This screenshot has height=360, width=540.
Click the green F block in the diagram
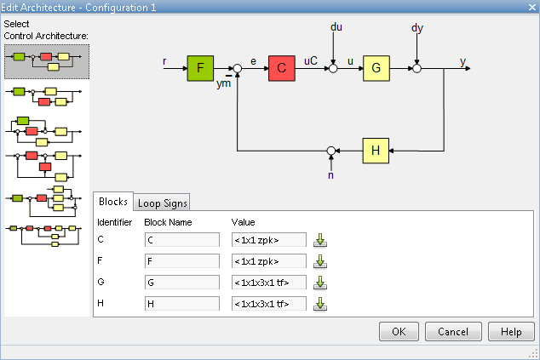[x=201, y=67]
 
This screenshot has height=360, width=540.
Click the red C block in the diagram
[x=281, y=68]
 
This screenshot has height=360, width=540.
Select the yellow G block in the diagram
[x=376, y=68]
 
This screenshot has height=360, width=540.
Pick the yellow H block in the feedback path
[x=376, y=150]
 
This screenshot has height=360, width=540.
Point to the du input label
[x=336, y=28]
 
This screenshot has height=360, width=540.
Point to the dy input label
[x=416, y=28]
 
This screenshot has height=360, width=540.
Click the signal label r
[x=164, y=61]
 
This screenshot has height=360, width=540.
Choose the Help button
[x=511, y=331]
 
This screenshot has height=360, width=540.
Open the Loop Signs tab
[x=163, y=203]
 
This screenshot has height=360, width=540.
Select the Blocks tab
[x=112, y=202]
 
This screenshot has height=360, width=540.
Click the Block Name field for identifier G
[x=182, y=282]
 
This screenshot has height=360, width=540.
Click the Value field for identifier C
[x=269, y=239]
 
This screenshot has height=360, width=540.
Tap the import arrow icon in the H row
[x=320, y=303]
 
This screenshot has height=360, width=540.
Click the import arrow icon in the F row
[x=320, y=260]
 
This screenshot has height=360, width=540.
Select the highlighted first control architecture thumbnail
[x=47, y=60]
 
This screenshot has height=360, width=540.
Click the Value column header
[x=244, y=222]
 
